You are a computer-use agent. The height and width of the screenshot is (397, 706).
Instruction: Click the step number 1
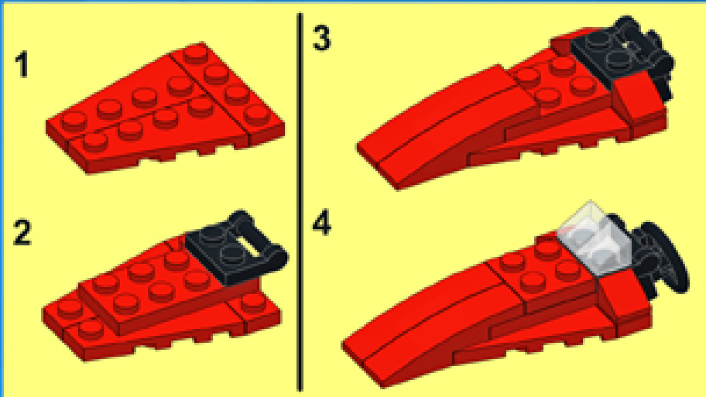22,64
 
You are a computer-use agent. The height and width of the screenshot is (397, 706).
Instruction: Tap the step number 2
22,232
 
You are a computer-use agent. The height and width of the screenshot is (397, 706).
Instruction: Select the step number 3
321,38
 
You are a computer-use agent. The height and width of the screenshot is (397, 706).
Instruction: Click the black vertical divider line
300,202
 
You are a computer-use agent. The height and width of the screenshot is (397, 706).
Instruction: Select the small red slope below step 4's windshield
625,303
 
